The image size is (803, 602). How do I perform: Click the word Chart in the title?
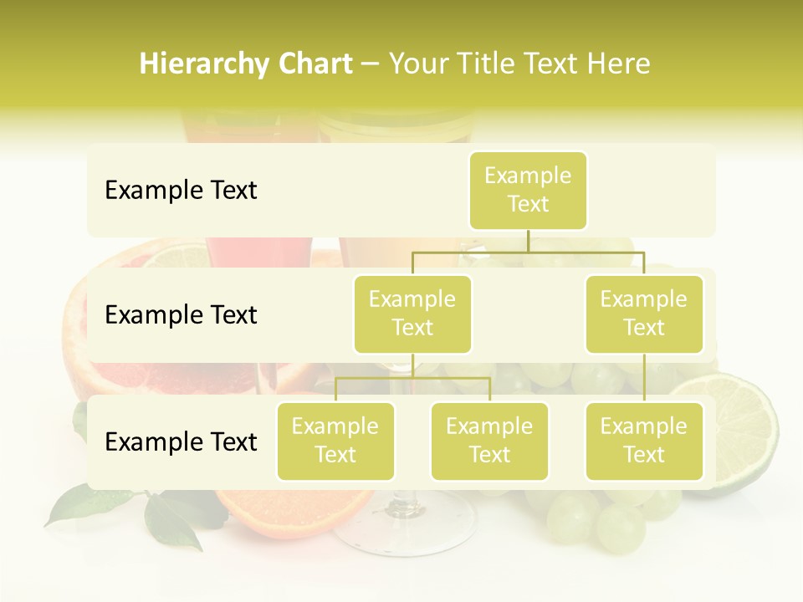click(311, 64)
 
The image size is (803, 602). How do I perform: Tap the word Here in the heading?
click(618, 64)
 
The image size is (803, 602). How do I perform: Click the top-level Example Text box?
click(528, 190)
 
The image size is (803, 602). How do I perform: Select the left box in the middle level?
click(412, 314)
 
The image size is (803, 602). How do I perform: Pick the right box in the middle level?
click(644, 314)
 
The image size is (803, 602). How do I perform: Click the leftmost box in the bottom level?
click(335, 441)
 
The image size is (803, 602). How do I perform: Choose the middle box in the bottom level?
click(489, 441)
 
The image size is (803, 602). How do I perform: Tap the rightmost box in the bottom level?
click(644, 441)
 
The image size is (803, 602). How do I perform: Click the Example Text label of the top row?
click(181, 191)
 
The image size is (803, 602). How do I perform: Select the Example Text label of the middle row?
click(181, 315)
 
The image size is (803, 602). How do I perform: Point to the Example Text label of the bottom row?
click(181, 442)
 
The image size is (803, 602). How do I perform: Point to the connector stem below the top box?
click(528, 241)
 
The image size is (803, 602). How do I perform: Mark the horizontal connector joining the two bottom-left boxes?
click(412, 378)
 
